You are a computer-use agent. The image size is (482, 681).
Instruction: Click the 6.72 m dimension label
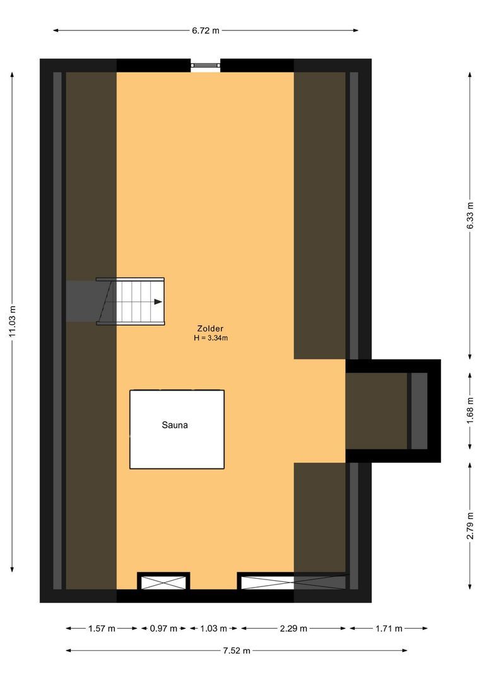tap(205, 30)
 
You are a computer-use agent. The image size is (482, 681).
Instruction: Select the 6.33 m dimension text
tap(470, 214)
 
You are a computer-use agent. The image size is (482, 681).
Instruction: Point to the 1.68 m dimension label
tap(470, 410)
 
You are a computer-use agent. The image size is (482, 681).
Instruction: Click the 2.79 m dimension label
tap(470, 525)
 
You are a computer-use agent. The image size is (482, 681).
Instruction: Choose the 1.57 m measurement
tap(102, 628)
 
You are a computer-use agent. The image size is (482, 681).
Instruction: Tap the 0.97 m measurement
tap(164, 628)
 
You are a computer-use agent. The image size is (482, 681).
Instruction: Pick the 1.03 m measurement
tap(213, 628)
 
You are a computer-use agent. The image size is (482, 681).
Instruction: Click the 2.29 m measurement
tap(293, 628)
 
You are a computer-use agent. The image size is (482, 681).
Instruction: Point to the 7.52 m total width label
tap(236, 651)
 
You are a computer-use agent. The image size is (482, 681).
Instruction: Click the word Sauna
tap(175, 425)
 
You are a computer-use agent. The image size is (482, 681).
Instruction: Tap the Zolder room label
tap(210, 329)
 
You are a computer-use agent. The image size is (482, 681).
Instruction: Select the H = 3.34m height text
tap(211, 338)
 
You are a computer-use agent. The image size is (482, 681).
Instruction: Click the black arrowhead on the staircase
tap(158, 301)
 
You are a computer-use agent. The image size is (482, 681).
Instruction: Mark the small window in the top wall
tap(206, 64)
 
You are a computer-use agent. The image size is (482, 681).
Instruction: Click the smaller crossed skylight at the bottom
tap(163, 581)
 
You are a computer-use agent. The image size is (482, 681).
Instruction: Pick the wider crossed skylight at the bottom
tap(293, 581)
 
